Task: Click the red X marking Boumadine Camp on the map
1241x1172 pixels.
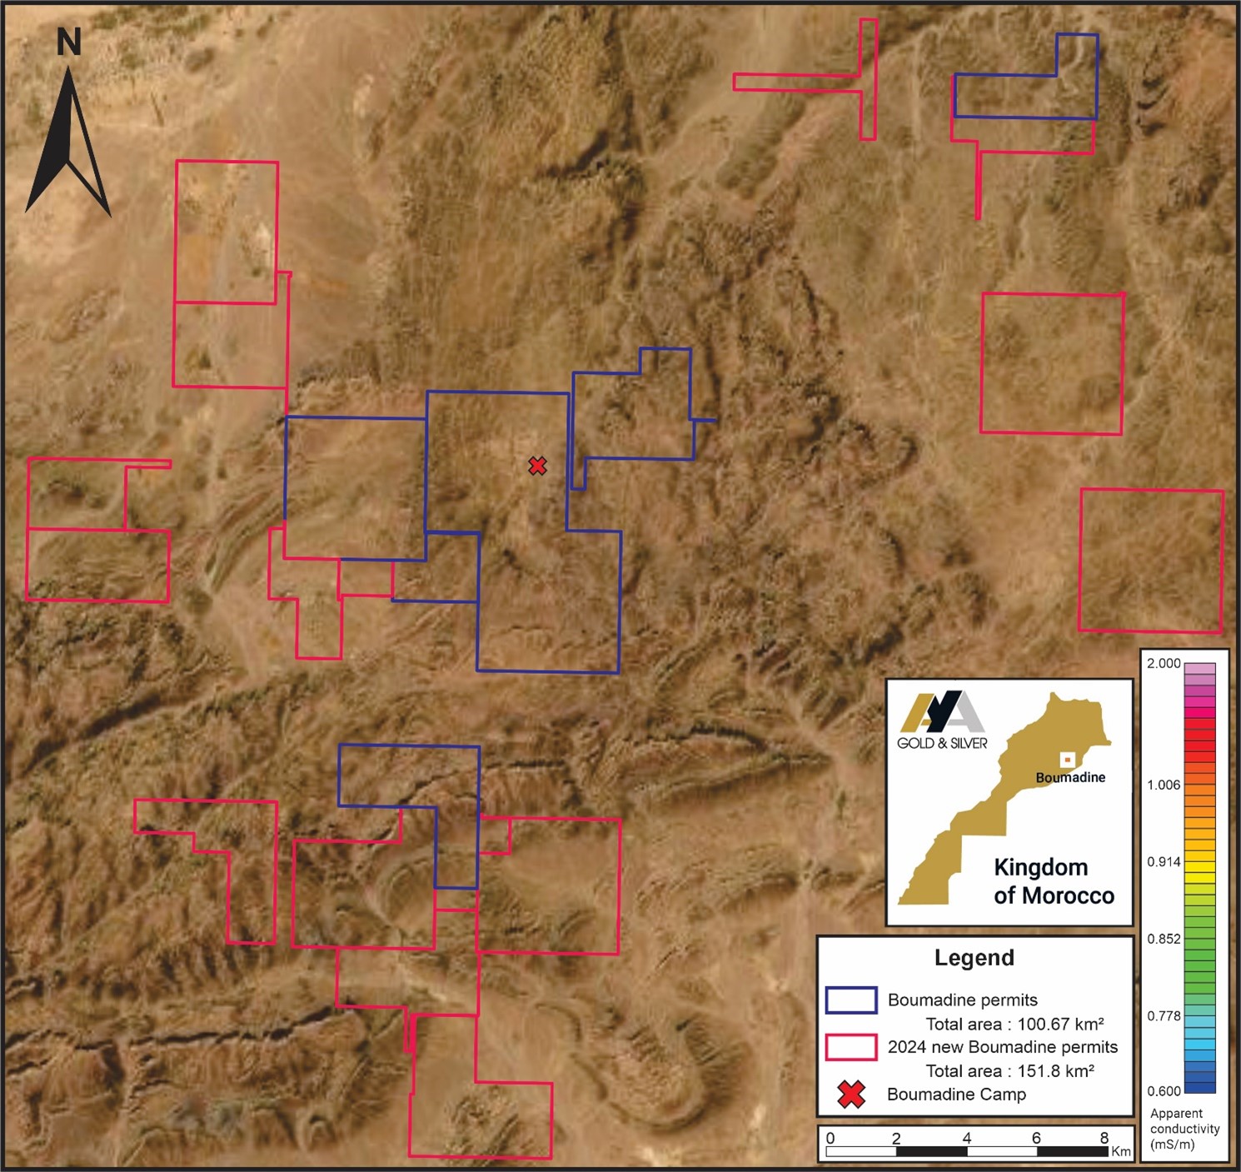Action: click(x=537, y=466)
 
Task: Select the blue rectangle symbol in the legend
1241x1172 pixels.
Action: click(x=850, y=1000)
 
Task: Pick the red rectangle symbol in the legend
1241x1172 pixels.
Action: click(x=850, y=1047)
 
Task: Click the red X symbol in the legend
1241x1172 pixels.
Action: click(x=851, y=1095)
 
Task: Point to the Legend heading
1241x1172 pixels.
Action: click(x=974, y=958)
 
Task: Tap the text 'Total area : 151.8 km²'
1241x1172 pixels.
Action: click(x=1009, y=1071)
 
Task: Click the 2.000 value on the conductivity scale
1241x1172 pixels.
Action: click(x=1164, y=664)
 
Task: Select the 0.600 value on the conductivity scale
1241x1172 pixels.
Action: click(x=1164, y=1091)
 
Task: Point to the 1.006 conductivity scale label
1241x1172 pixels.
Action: click(x=1164, y=785)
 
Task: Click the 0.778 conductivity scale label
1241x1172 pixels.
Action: click(x=1164, y=1015)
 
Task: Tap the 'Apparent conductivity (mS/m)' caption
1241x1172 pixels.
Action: click(x=1184, y=1129)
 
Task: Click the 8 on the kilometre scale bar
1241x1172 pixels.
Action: click(x=1104, y=1138)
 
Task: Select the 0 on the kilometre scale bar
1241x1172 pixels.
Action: click(x=830, y=1138)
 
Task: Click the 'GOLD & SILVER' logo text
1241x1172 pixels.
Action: click(x=942, y=743)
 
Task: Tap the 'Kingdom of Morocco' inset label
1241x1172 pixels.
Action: click(x=1054, y=881)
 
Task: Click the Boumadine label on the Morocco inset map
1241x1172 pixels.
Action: click(x=1070, y=777)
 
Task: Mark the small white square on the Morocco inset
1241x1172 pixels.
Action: click(x=1066, y=760)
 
